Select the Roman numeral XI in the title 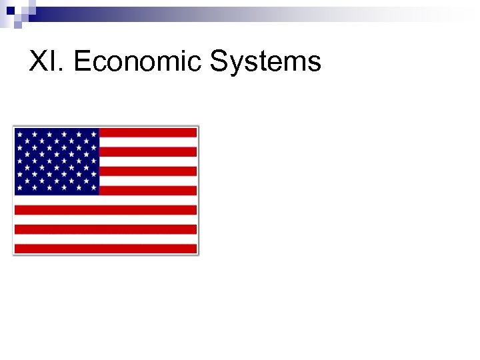(45, 63)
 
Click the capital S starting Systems (219, 63)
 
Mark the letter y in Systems (235, 65)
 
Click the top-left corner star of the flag (19, 134)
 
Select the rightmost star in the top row (94, 134)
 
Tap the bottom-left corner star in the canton (19, 189)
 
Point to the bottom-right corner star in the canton (94, 189)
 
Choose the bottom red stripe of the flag (105, 249)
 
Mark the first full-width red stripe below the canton (105, 210)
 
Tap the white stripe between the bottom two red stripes (105, 239)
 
